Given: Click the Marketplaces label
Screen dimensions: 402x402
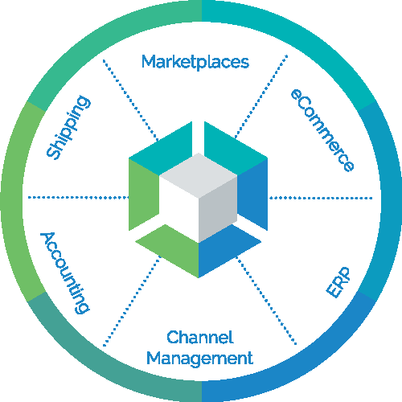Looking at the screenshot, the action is click(195, 62).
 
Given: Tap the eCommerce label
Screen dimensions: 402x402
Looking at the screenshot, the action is click(322, 130).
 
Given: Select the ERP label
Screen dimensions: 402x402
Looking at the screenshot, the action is click(338, 282).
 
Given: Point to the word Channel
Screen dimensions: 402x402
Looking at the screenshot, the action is click(200, 337).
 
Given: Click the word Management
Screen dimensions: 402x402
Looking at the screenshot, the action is click(199, 359).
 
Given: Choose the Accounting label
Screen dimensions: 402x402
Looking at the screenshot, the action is click(64, 273).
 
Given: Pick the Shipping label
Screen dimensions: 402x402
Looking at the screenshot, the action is click(68, 128).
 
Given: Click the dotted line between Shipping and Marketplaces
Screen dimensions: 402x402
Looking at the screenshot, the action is click(130, 100).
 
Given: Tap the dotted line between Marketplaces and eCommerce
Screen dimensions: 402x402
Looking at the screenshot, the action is click(261, 96).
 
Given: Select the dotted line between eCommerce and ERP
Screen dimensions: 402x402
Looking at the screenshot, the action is click(321, 198).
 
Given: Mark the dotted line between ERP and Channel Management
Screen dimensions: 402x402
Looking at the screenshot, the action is click(266, 301).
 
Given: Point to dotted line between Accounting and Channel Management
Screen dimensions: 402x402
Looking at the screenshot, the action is click(132, 301).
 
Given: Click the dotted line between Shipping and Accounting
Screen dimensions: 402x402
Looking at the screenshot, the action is click(79, 198).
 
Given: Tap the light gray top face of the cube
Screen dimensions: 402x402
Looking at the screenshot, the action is click(199, 175).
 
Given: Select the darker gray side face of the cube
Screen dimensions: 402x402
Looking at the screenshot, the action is click(218, 210).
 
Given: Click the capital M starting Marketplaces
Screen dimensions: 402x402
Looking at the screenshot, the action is click(149, 61).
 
